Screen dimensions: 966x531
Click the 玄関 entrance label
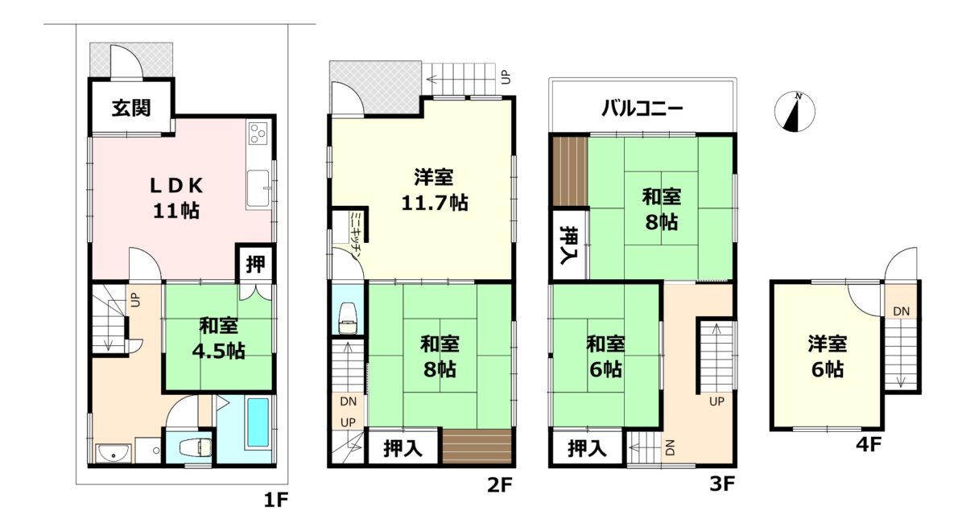point(131,108)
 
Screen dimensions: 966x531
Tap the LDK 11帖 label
point(176,198)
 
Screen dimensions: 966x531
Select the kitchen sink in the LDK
point(258,189)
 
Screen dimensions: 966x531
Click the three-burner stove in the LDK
point(258,133)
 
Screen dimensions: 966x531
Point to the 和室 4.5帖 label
point(219,339)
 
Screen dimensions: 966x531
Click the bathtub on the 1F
point(258,422)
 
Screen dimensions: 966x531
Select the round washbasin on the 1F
point(113,452)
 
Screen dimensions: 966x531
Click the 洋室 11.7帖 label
point(434,190)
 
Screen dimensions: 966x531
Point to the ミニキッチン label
point(356,235)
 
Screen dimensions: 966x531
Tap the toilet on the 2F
point(348,318)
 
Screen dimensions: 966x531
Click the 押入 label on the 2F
point(402,448)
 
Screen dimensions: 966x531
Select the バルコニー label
point(642,108)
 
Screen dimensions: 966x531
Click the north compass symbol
point(795,111)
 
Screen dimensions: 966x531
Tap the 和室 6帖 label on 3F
point(605,357)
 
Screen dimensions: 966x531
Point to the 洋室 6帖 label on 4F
point(828,357)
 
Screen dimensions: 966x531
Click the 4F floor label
point(868,444)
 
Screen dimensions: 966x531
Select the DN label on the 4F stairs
point(902,311)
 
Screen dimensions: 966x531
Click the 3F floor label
point(722,484)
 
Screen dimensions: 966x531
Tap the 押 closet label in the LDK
point(255,263)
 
